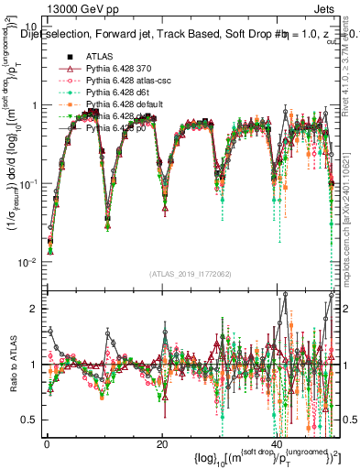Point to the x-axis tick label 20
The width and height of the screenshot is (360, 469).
162,444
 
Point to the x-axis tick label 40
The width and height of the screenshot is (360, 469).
277,444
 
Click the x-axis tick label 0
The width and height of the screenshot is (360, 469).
47,444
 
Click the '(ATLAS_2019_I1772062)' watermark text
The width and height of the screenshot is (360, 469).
191,274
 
